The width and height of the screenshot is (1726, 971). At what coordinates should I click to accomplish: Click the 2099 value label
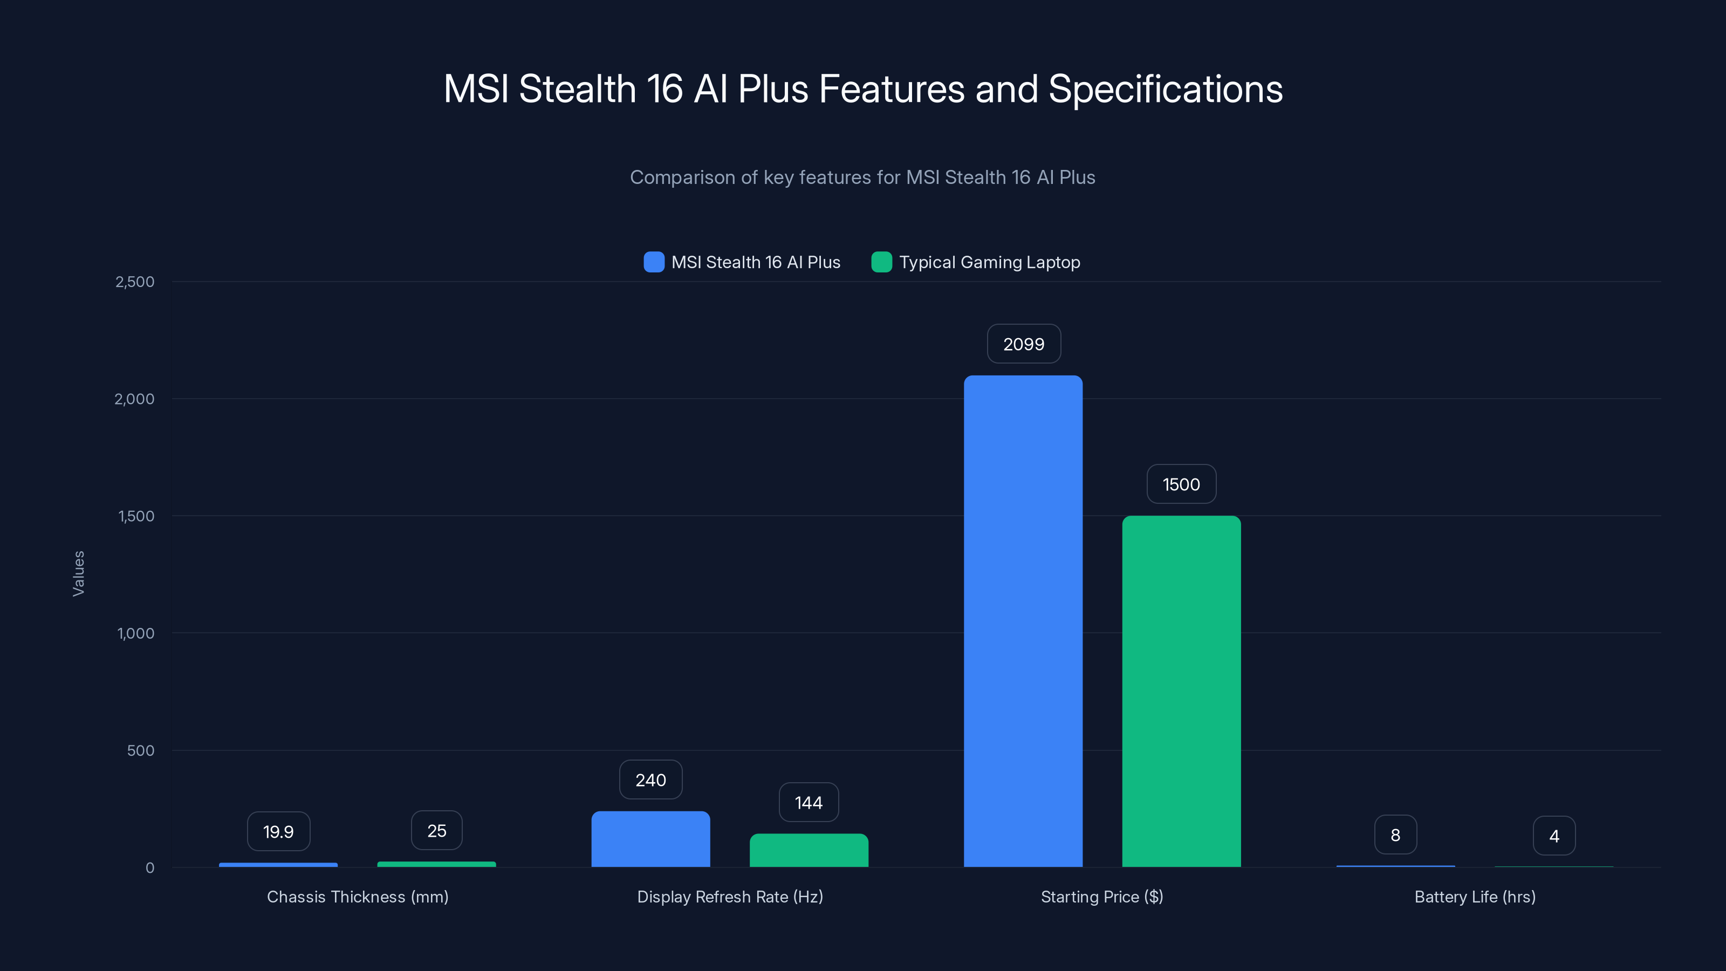coord(1024,344)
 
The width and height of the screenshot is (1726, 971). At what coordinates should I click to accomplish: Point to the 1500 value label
coord(1181,484)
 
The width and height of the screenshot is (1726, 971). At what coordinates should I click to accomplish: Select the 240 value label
coord(650,779)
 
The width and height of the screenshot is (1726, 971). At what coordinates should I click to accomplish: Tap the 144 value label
coord(809,802)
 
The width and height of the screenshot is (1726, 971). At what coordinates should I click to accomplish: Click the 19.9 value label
coord(279,832)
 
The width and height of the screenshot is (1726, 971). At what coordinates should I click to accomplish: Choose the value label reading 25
coord(437,831)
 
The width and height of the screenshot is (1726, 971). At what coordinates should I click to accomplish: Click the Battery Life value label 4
coord(1554,836)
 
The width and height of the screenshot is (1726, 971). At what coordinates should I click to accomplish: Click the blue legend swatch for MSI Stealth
coord(654,262)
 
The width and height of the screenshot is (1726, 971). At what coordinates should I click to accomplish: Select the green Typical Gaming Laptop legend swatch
coord(882,262)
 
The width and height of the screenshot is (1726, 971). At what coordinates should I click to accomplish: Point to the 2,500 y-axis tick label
coord(135,282)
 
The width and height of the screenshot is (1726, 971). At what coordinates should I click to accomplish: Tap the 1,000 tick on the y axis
coord(135,633)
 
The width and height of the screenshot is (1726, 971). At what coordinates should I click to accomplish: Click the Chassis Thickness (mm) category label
coord(358,897)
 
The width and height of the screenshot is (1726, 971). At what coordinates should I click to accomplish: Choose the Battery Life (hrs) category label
coord(1475,897)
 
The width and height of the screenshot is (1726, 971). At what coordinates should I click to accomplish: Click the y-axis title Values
coord(78,573)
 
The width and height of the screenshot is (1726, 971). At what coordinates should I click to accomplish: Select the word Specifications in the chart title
coord(1165,88)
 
